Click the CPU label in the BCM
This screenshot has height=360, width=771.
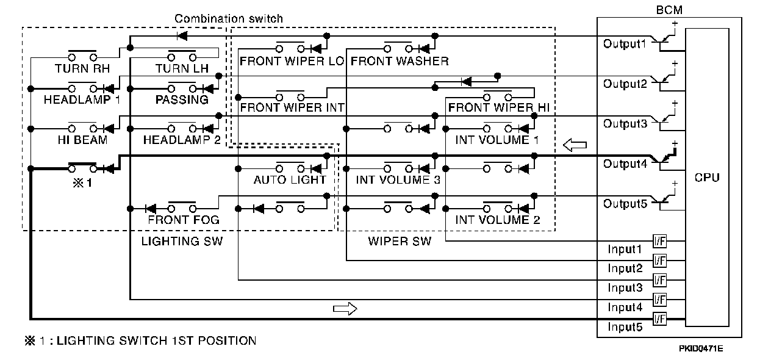click(707, 178)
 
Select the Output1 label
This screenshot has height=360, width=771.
click(624, 44)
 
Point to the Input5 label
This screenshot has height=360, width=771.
click(625, 327)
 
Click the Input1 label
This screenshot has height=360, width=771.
click(625, 249)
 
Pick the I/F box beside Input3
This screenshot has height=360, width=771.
click(659, 280)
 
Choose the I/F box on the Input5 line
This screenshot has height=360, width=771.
click(659, 319)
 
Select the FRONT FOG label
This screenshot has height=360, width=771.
click(184, 220)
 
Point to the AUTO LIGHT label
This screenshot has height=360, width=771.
click(290, 180)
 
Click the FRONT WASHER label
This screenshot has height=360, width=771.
click(400, 61)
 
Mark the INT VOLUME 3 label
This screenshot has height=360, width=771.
click(398, 180)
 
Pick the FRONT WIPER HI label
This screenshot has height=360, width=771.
click(499, 107)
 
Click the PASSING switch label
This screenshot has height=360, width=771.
click(182, 99)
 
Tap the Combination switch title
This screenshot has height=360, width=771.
click(229, 19)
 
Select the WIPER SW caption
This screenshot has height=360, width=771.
click(400, 241)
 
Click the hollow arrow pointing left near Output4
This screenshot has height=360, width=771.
click(575, 145)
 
